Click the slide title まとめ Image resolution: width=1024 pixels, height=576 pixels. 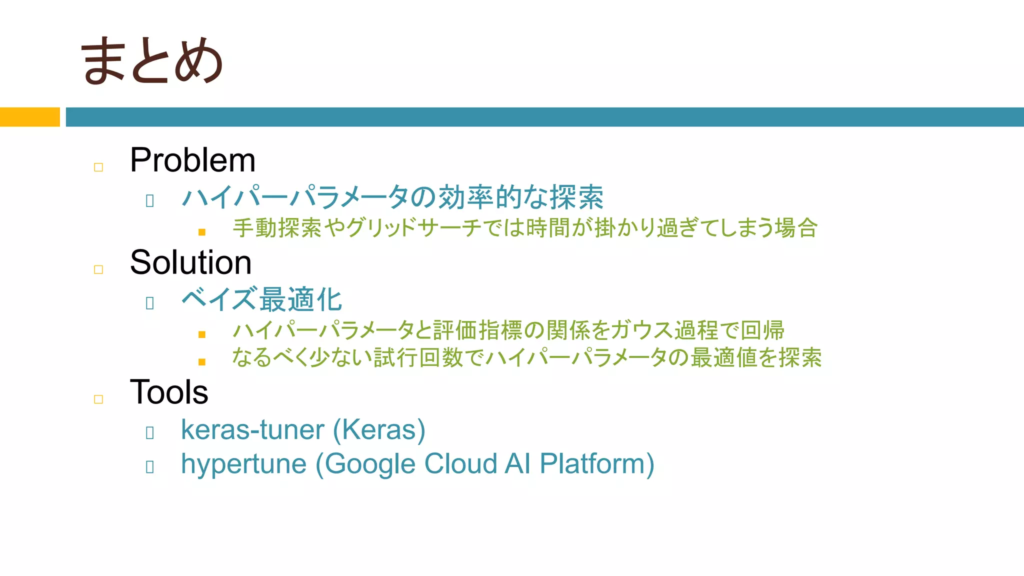click(151, 60)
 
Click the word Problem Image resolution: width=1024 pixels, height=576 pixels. click(192, 160)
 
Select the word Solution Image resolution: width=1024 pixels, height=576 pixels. click(190, 262)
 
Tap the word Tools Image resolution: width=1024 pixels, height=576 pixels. click(169, 392)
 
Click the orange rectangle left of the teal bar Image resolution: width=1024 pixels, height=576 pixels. click(29, 117)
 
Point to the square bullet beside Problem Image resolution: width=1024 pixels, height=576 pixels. click(98, 167)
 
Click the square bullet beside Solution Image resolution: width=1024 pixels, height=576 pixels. click(98, 270)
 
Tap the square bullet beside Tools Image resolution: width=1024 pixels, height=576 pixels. click(98, 399)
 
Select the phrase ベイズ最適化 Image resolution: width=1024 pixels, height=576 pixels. click(261, 300)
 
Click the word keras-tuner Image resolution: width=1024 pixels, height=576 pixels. click(252, 430)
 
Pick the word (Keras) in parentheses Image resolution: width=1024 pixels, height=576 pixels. click(379, 430)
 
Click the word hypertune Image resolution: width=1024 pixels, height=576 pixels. click(243, 464)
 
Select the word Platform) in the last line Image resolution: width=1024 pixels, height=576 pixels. click(597, 464)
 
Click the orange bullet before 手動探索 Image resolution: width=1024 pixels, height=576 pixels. click(202, 232)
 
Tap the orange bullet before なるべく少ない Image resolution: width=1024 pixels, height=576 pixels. click(202, 362)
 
